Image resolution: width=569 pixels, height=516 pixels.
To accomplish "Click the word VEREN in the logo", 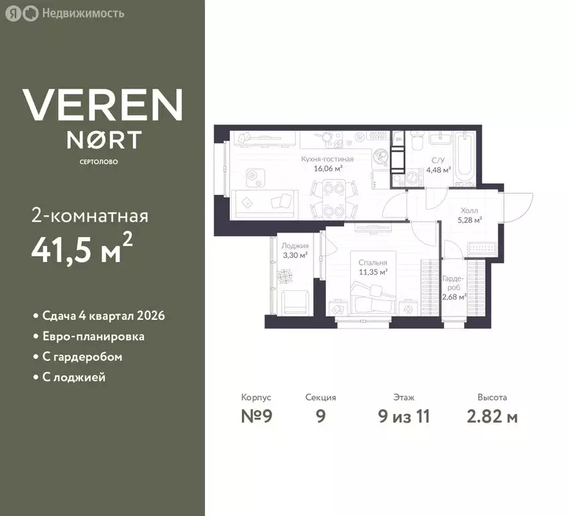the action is pos(103,105).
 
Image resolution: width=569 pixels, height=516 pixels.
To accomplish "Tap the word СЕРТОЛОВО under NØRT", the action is pos(99,162).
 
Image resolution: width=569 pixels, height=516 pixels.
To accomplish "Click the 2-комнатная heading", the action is pos(90,216).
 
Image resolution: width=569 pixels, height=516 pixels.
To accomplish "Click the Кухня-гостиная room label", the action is pos(327,159).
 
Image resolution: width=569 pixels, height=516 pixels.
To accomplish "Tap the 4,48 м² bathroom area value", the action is pos(439,169).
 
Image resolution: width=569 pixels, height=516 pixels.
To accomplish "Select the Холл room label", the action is pos(469,210).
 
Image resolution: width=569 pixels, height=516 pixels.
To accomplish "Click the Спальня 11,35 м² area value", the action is pos(373,272).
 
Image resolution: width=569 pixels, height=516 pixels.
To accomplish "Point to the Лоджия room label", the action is pos(295,246).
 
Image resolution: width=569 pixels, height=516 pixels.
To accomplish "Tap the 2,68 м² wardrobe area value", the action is pos(454,297).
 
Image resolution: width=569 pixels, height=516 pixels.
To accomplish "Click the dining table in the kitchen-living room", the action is pos(334,200).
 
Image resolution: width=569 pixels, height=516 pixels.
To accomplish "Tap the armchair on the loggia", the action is pos(296,302).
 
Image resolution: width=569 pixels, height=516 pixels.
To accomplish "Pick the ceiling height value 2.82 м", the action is pos(492,416).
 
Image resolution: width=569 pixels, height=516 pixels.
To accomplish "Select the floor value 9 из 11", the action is pos(404,416).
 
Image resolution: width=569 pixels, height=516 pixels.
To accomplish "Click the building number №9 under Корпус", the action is pos(257,416).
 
